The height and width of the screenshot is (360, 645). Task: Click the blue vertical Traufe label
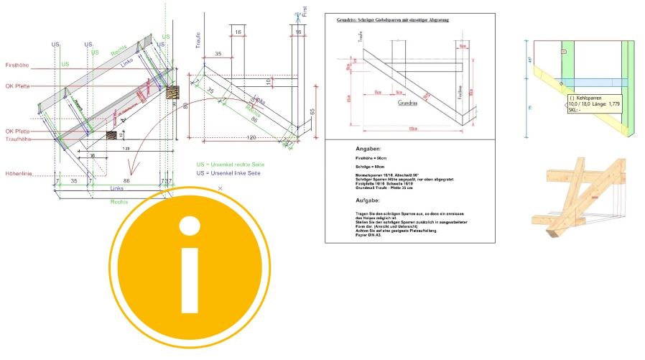(198, 39)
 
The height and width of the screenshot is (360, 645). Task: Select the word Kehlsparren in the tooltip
(590, 96)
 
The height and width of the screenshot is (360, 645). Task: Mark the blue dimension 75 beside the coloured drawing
(528, 109)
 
